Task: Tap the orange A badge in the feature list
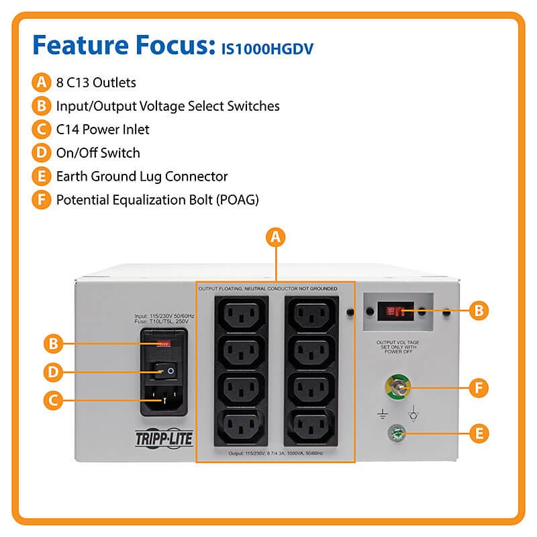click(x=42, y=83)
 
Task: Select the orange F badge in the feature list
click(x=42, y=199)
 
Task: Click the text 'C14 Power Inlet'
click(x=103, y=130)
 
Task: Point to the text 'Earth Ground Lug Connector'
click(x=142, y=177)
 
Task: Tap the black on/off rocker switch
click(x=163, y=369)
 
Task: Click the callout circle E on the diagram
click(x=478, y=433)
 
